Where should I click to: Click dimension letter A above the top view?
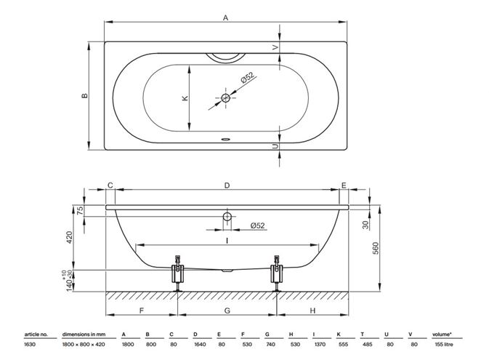[225, 17]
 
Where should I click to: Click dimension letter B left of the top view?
[84, 96]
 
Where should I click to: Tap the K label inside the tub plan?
[185, 98]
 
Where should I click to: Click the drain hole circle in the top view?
[225, 98]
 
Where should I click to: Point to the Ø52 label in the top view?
[248, 78]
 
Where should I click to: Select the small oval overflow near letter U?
[225, 139]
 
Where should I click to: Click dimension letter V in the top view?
[275, 47]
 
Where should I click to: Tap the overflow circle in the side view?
[227, 216]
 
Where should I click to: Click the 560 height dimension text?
[376, 248]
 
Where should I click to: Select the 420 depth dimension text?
[69, 237]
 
